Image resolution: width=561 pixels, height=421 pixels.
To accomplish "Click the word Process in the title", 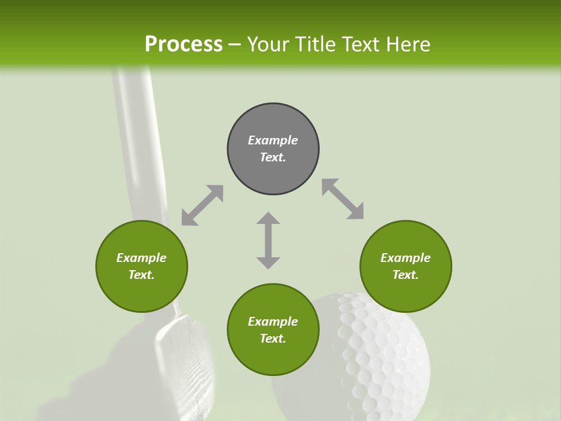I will pos(183,44).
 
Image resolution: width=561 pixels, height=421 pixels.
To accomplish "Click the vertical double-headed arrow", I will pos(268,240).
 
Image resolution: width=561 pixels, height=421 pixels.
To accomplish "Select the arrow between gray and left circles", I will pos(202,205).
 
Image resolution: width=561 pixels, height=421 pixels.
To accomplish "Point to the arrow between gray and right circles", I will pos(342,199).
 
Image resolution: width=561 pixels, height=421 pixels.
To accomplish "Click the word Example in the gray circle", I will pos(273,140).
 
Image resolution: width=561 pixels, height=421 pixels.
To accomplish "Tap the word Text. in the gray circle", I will pos(273,157).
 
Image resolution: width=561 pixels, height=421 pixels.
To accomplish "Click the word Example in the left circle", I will pos(141,258).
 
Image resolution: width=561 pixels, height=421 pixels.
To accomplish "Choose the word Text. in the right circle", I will pos(406,275).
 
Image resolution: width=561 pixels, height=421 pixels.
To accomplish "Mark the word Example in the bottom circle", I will pos(273,322).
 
